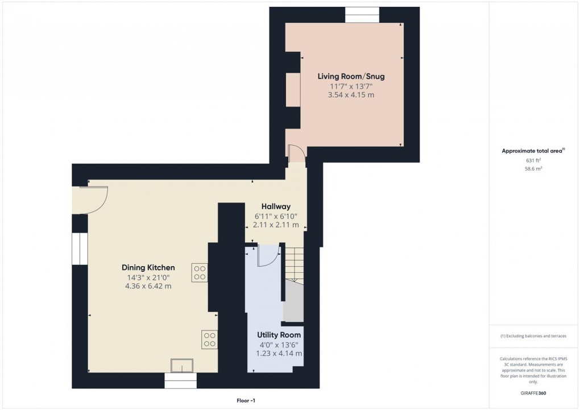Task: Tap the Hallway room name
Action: (276, 206)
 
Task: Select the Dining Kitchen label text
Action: (148, 268)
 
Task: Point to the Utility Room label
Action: (279, 335)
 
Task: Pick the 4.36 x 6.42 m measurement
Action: (148, 286)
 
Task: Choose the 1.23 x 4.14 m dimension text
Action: (279, 354)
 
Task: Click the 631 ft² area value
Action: (533, 160)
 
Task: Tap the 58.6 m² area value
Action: (533, 169)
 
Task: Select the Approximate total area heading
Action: (532, 151)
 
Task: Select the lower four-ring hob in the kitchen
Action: (209, 339)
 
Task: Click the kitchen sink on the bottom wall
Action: (183, 365)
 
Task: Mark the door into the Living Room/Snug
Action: (297, 154)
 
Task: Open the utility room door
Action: (267, 256)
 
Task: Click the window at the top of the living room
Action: (362, 15)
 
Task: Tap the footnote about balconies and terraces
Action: (533, 336)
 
